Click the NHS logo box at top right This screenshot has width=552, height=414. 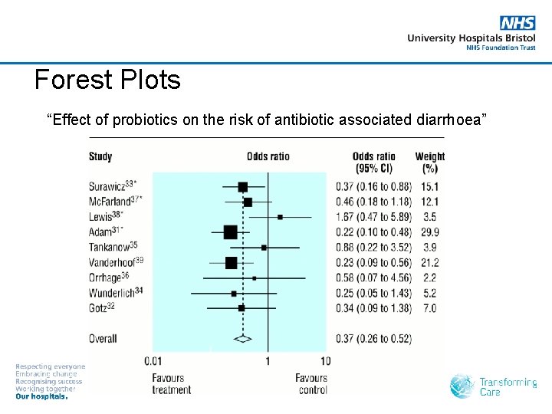518,24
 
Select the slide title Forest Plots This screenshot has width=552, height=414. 107,80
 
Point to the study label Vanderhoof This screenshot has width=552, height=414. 116,262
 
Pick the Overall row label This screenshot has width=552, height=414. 103,338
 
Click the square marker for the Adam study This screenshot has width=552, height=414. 230,232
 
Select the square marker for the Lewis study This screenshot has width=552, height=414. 280,217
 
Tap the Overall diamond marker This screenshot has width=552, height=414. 243,338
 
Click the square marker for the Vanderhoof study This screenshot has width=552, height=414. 232,263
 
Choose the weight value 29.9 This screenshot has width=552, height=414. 429,232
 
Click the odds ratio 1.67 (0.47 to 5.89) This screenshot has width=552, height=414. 373,217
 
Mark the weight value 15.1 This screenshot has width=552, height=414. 429,187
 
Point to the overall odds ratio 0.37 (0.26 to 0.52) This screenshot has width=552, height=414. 373,339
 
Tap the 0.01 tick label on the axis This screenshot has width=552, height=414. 154,360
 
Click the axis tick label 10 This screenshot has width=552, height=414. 325,360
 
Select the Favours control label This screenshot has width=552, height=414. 311,383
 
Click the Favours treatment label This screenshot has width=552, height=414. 171,383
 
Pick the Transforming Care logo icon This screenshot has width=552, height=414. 462,386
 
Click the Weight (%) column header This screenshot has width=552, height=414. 429,163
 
